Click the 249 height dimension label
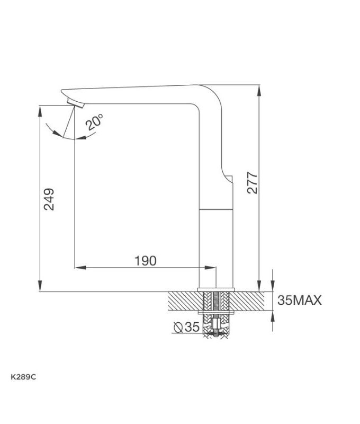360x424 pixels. point(49,199)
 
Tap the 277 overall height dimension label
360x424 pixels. point(252,183)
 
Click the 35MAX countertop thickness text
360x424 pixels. point(300,301)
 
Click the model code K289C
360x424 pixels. point(23,377)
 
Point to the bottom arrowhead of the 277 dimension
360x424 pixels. point(258,286)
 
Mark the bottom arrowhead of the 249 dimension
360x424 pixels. point(40,287)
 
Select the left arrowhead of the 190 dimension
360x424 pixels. point(79,267)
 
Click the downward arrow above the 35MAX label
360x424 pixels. point(273,287)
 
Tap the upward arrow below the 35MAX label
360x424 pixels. point(273,315)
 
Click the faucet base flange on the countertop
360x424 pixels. point(216,289)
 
